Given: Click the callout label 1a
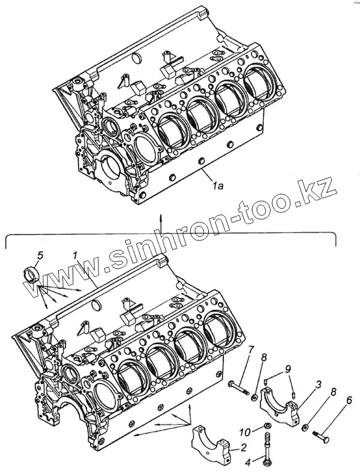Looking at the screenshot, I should tap(218, 186).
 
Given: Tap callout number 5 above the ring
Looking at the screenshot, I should tap(40, 255).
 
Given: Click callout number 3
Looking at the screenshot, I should tap(319, 383).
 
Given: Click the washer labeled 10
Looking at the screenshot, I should tap(264, 427).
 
